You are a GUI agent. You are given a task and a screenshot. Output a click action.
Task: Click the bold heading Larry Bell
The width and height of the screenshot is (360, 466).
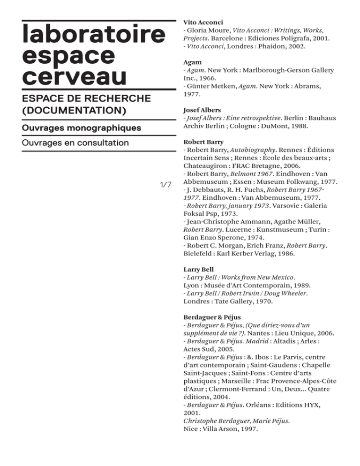(x=199, y=270)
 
